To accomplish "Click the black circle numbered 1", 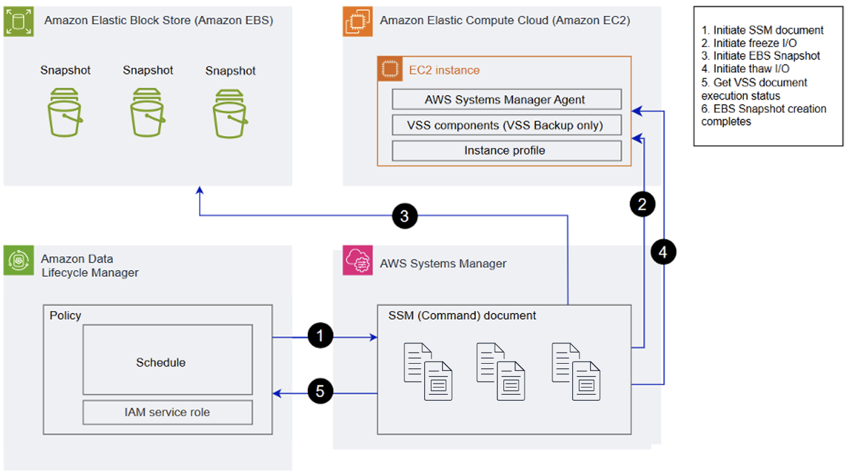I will tap(320, 336).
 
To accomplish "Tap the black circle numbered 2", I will tap(642, 204).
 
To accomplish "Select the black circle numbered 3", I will tap(404, 215).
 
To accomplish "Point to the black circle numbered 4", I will tap(663, 252).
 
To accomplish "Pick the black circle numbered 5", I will tap(320, 391).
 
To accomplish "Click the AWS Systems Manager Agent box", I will tap(506, 100).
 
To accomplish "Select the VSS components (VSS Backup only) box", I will tap(506, 125).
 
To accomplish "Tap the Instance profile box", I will tap(506, 151).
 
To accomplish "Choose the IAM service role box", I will tap(167, 412).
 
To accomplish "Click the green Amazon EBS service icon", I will tap(18, 22).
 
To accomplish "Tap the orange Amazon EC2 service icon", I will tap(357, 22).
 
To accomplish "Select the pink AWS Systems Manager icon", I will tap(357, 261).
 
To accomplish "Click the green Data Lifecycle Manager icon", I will tap(18, 260).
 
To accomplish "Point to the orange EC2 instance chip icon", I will tap(390, 69).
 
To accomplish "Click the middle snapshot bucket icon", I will tap(147, 112).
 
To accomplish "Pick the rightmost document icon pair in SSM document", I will tap(576, 371).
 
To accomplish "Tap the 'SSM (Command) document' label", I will tap(462, 316).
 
